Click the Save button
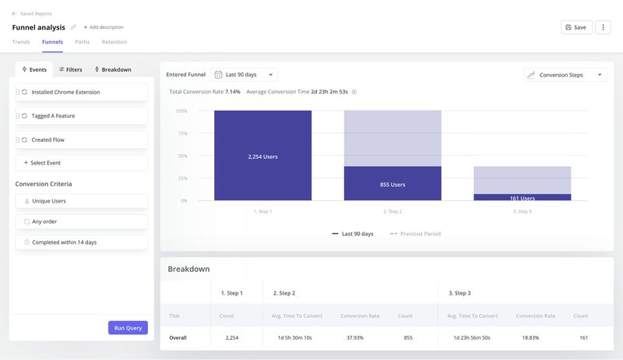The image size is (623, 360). pyautogui.click(x=576, y=27)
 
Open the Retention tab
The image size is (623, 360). pyautogui.click(x=114, y=42)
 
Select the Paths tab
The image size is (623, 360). pyautogui.click(x=82, y=42)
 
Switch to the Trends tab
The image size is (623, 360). pyautogui.click(x=22, y=42)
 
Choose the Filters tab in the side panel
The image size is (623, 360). pyautogui.click(x=70, y=69)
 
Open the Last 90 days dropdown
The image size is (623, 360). pyautogui.click(x=245, y=75)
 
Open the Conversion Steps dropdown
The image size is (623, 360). pyautogui.click(x=565, y=75)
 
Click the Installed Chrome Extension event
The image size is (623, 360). pyautogui.click(x=82, y=92)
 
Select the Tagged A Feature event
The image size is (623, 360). pyautogui.click(x=82, y=116)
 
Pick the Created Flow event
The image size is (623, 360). pyautogui.click(x=82, y=139)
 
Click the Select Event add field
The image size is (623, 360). pyautogui.click(x=82, y=163)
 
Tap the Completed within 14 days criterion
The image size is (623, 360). pyautogui.click(x=82, y=242)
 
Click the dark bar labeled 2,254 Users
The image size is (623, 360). pyautogui.click(x=262, y=156)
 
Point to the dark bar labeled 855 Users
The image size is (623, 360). pyautogui.click(x=392, y=184)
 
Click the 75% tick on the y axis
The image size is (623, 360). pyautogui.click(x=181, y=133)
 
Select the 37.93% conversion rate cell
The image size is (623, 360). pyautogui.click(x=360, y=337)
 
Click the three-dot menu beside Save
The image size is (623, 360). pyautogui.click(x=603, y=27)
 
